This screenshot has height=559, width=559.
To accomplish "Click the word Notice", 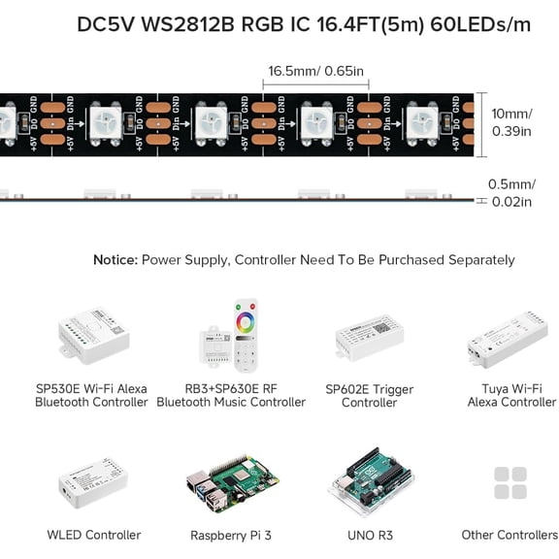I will [x=115, y=260].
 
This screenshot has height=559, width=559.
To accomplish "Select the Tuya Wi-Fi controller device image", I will [x=509, y=340].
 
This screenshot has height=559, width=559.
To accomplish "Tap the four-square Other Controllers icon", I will [x=510, y=483].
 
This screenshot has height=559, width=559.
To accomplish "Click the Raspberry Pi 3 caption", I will [x=231, y=535].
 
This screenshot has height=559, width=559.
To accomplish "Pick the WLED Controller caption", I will [x=94, y=535].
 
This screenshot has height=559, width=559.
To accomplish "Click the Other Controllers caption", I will [x=510, y=535].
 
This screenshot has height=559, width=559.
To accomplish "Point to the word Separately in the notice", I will [x=477, y=260].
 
